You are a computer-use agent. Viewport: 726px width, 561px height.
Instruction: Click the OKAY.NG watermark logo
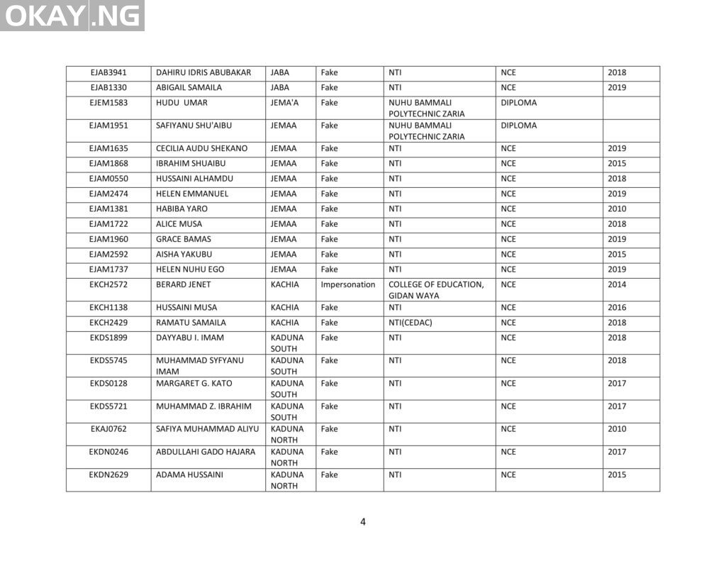point(72,16)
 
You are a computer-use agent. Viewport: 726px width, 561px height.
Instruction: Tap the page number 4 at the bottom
point(363,522)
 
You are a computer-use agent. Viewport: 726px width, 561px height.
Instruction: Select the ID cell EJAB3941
point(108,73)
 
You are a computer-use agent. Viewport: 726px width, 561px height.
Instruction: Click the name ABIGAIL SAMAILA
point(189,88)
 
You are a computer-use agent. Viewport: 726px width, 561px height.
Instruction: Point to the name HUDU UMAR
point(181,103)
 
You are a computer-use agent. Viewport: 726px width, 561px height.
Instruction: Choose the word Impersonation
point(347,284)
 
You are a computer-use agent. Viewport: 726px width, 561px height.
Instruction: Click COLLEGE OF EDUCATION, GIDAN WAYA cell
point(436,290)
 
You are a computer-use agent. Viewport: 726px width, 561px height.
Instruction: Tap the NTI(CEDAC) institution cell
point(411,323)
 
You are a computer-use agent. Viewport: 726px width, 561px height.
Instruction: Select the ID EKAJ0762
point(108,429)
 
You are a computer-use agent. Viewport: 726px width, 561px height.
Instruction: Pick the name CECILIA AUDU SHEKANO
point(201,149)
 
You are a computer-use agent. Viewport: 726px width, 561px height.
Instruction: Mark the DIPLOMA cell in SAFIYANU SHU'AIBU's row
point(518,126)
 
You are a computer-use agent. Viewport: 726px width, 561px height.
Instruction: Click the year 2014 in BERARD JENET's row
point(617,284)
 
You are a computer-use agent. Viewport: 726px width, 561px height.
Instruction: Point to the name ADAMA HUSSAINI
point(189,474)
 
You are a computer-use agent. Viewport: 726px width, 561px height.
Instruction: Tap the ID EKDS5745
point(108,360)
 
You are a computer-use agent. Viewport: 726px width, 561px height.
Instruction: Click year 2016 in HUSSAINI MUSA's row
point(617,308)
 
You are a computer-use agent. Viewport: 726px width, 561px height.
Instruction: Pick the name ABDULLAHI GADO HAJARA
point(205,452)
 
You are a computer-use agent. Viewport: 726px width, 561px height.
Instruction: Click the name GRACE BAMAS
point(183,240)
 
